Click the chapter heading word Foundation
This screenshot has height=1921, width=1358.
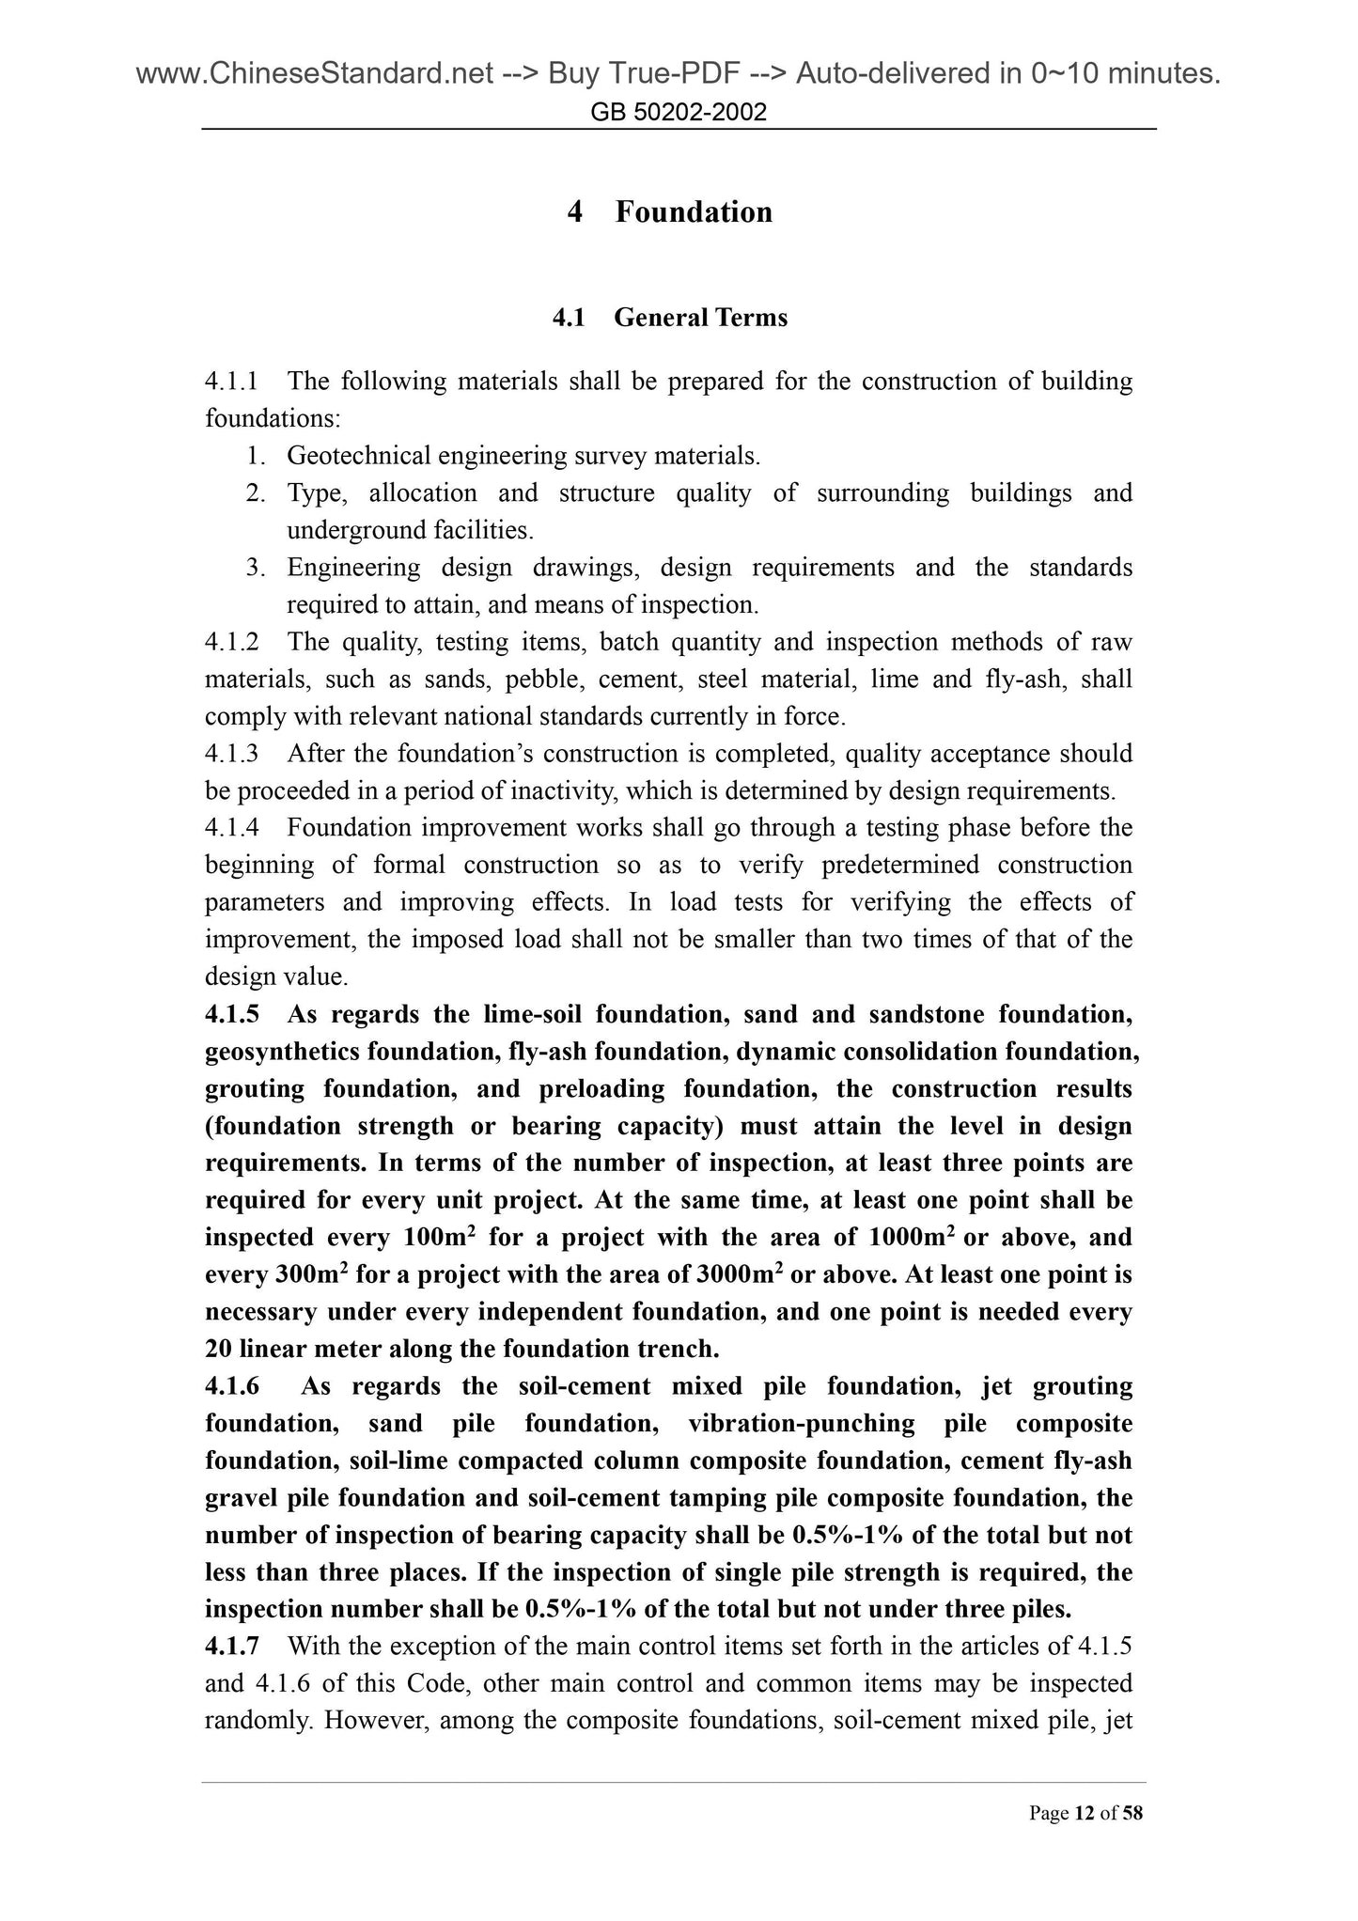[x=694, y=211]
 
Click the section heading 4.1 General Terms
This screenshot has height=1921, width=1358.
[x=670, y=318]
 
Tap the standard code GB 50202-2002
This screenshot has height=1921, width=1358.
[x=679, y=113]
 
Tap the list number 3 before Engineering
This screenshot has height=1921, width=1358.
[x=254, y=568]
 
